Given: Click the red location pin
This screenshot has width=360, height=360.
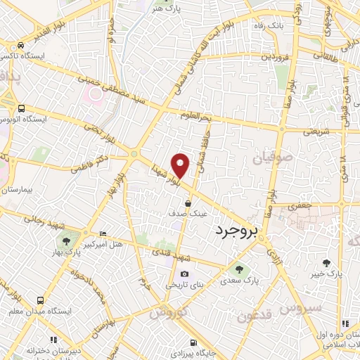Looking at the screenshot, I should (x=181, y=165).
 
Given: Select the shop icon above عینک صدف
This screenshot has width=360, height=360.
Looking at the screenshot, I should (x=188, y=203).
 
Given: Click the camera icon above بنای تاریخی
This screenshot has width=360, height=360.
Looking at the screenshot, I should (x=184, y=274).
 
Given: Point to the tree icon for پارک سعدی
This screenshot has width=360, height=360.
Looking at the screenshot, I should (x=239, y=269).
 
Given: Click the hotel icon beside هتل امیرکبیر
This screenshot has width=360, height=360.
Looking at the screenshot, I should (x=103, y=234).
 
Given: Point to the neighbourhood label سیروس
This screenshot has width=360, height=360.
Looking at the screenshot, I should (x=301, y=307).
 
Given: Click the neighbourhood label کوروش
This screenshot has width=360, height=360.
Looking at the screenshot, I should (x=169, y=311).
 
